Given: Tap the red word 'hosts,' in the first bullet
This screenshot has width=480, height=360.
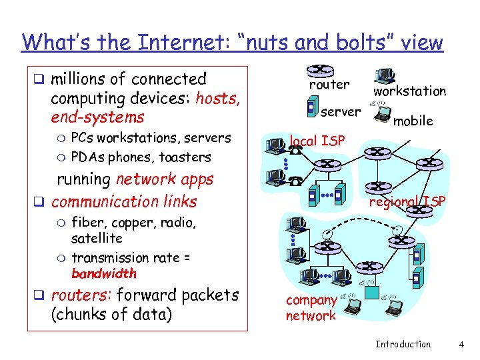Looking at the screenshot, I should pyautogui.click(x=218, y=98).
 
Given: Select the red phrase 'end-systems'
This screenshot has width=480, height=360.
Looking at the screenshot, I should pyautogui.click(x=97, y=117).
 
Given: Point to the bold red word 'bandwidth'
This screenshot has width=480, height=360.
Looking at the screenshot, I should pyautogui.click(x=103, y=273).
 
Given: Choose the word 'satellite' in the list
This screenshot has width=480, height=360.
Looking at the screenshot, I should pyautogui.click(x=97, y=238).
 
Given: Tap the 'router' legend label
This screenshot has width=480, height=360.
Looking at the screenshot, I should pyautogui.click(x=329, y=85).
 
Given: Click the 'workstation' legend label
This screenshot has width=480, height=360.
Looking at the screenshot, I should pyautogui.click(x=409, y=91).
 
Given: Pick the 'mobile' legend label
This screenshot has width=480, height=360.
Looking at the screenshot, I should pyautogui.click(x=413, y=121).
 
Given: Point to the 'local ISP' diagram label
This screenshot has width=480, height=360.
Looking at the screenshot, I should pyautogui.click(x=317, y=141).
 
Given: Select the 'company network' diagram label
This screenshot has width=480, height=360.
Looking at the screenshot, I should pyautogui.click(x=311, y=308).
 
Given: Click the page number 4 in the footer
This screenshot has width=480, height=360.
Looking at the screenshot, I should pyautogui.click(x=461, y=344).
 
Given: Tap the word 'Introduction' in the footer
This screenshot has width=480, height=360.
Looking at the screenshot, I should pyautogui.click(x=403, y=344).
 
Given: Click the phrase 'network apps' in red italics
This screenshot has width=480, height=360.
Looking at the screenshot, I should pyautogui.click(x=165, y=179).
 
